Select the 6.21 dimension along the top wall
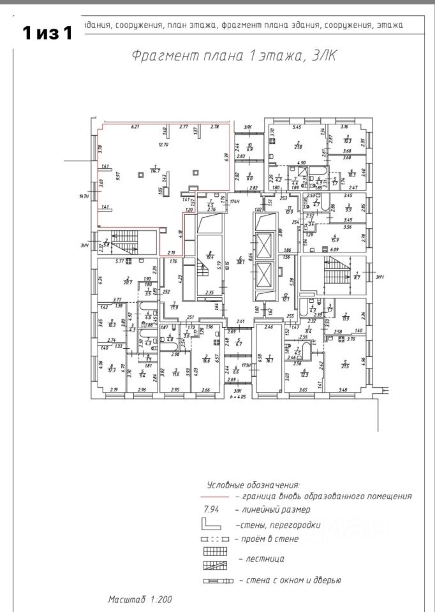(135, 127)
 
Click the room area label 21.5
(345, 365)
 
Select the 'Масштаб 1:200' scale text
(139, 600)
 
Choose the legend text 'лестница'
(261, 558)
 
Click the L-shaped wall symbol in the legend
(212, 525)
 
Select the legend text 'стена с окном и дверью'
(290, 581)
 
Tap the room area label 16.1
(269, 360)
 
